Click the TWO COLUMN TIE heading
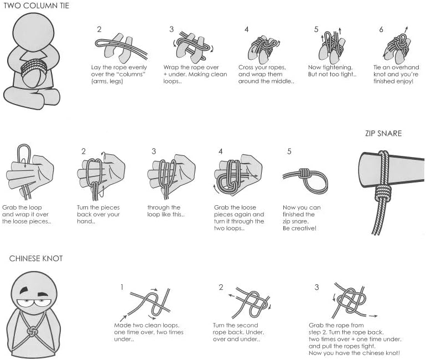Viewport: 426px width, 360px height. pos(37,6)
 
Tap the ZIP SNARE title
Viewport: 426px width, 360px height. pos(383,133)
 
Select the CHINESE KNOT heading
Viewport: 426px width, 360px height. pos(36,258)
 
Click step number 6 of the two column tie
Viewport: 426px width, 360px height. pos(381,29)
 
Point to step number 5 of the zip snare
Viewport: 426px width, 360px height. pos(289,151)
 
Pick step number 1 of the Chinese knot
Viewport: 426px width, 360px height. pos(122,287)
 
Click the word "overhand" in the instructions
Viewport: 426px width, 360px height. pos(407,67)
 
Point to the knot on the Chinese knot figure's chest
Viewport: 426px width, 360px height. pos(32,331)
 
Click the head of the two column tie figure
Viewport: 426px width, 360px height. pos(33,32)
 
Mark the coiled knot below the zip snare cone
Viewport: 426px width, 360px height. pos(383,193)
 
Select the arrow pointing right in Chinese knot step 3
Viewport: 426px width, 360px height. pos(372,316)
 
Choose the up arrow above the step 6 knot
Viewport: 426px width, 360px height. pos(406,29)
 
